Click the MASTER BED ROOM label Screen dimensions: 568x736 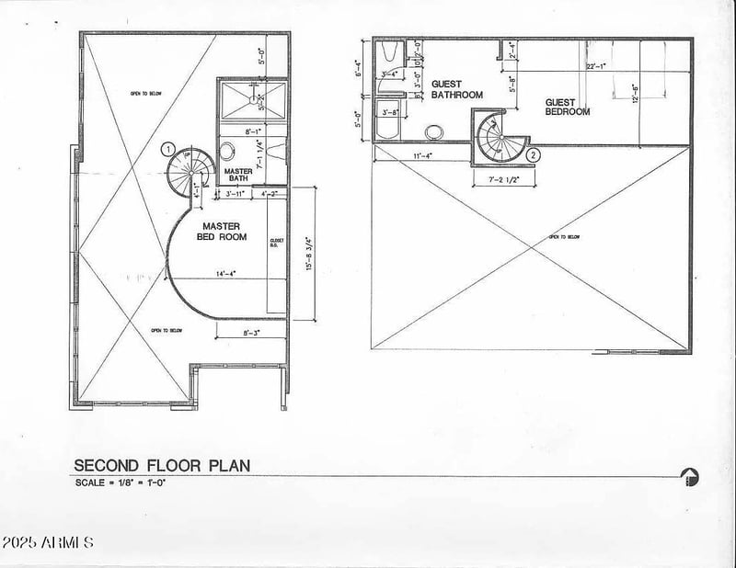point(222,231)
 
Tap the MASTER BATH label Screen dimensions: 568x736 point(239,174)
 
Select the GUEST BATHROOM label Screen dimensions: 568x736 point(456,89)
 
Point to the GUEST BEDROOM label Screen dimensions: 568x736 point(567,107)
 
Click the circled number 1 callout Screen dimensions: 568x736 point(167,148)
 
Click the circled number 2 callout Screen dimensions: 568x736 point(533,155)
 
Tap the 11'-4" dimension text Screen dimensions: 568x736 point(423,156)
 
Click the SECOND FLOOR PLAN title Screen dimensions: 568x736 point(162,465)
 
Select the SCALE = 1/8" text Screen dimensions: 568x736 point(120,482)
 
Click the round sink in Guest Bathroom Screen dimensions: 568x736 point(433,131)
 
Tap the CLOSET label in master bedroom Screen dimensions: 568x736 point(275,243)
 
